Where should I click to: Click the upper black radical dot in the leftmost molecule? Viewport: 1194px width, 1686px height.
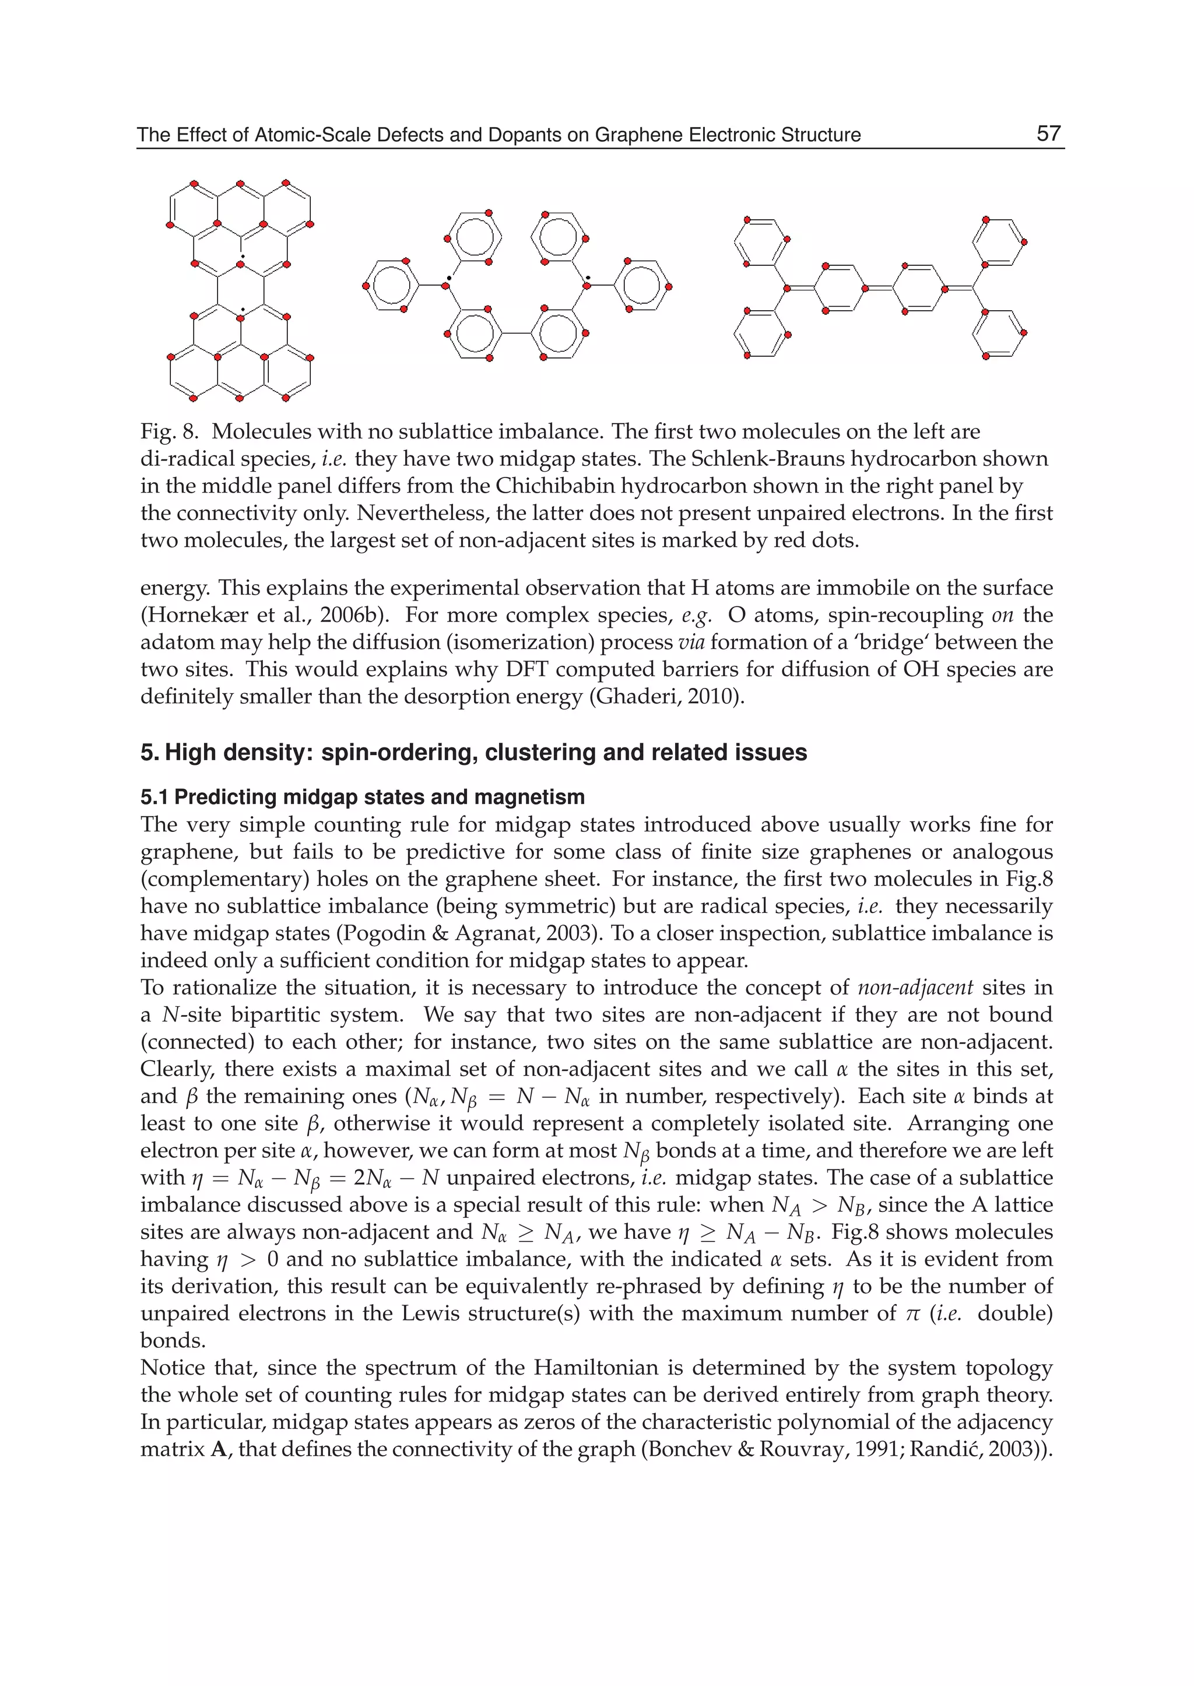pos(243,256)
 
